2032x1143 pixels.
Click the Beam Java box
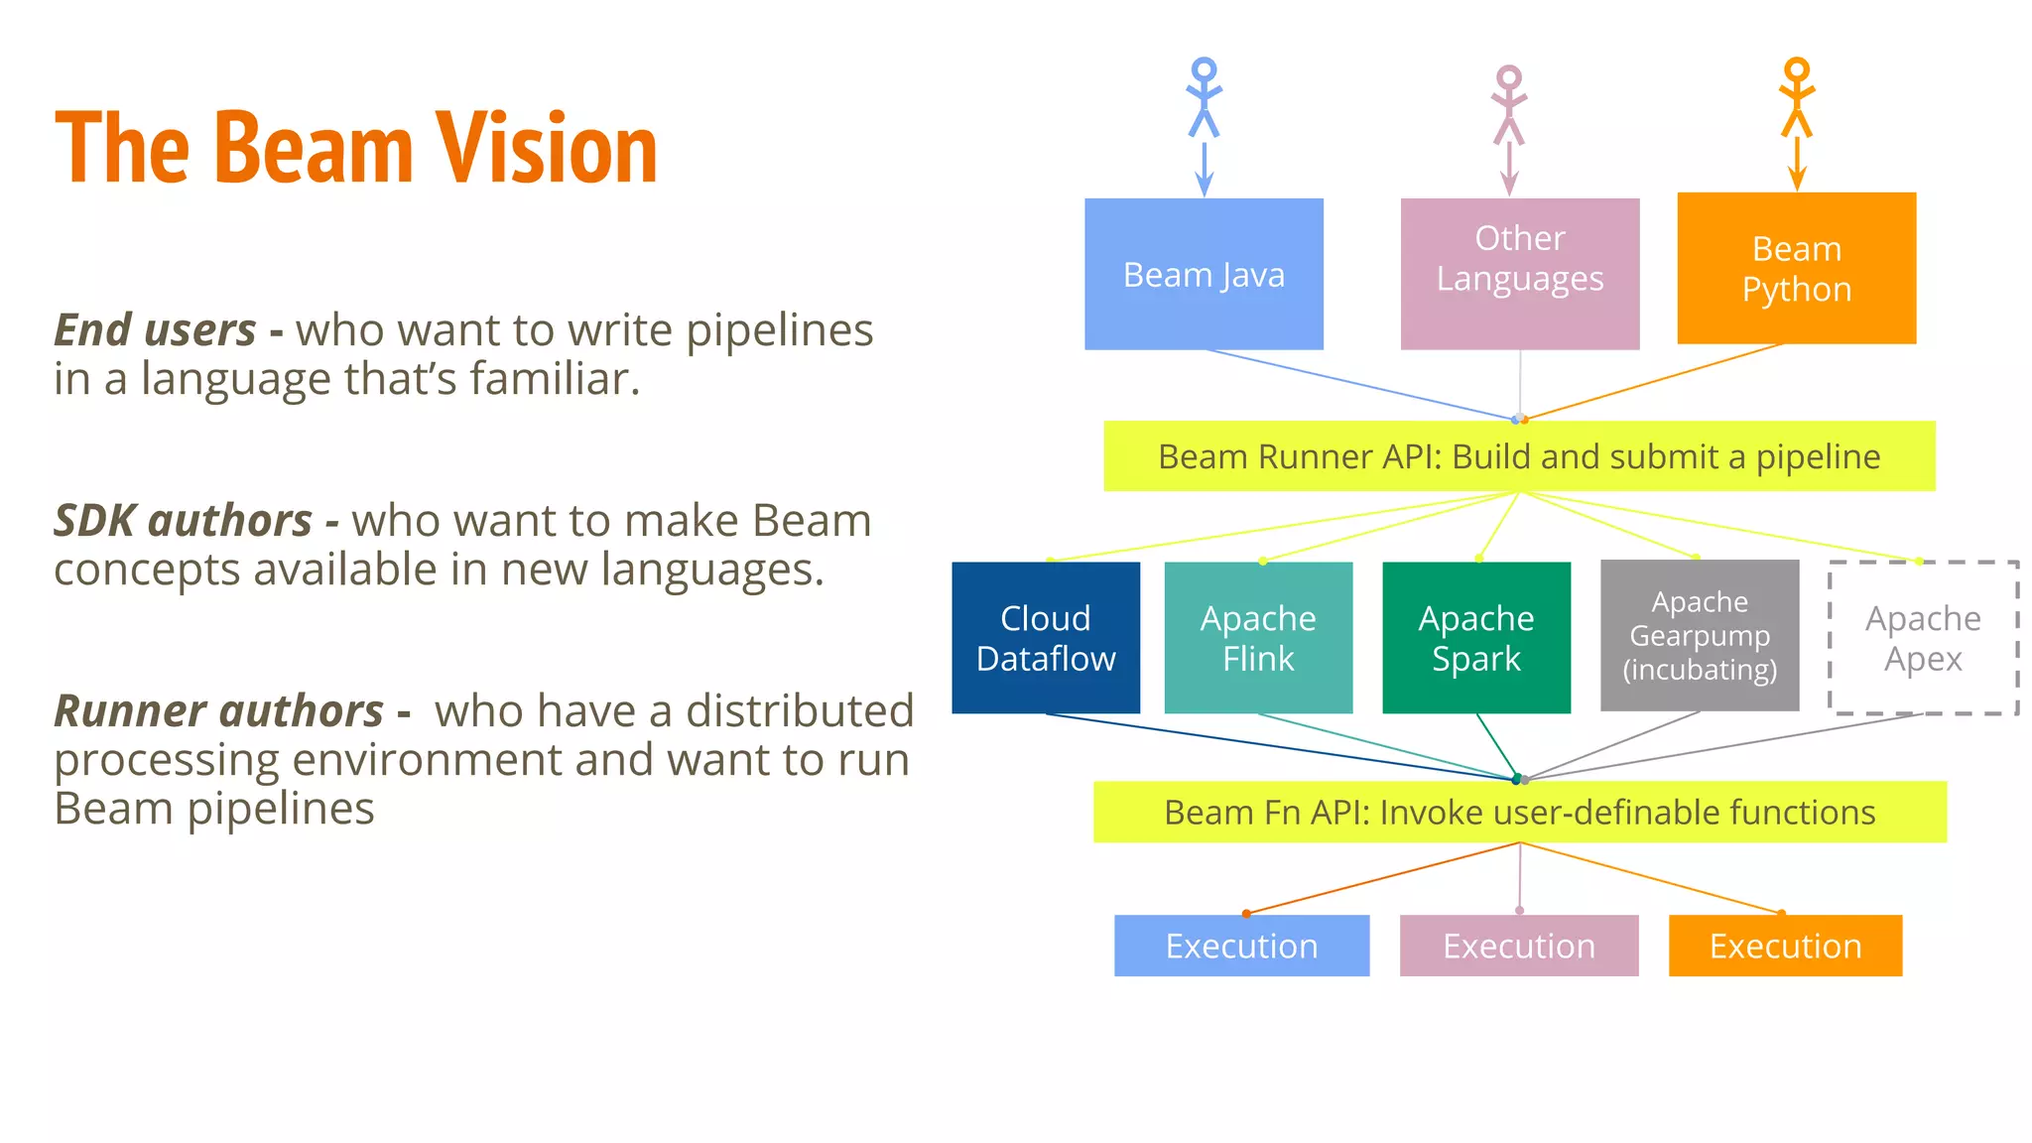pyautogui.click(x=1204, y=274)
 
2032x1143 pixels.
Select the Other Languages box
pyautogui.click(x=1519, y=274)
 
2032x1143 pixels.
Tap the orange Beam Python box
pyautogui.click(x=1796, y=268)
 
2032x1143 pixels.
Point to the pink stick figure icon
pyautogui.click(x=1509, y=104)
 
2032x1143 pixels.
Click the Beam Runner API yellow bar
pyautogui.click(x=1519, y=456)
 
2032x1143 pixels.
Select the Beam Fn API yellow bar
pyautogui.click(x=1519, y=812)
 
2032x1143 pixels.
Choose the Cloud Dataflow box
pyautogui.click(x=1046, y=638)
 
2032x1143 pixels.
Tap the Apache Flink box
pyautogui.click(x=1258, y=638)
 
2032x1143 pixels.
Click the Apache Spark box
pyautogui.click(x=1476, y=638)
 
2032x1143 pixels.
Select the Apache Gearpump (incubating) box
pyautogui.click(x=1700, y=635)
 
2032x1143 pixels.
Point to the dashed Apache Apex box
pyautogui.click(x=1923, y=638)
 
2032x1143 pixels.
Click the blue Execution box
pyautogui.click(x=1241, y=946)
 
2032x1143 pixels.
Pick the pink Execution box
pyautogui.click(x=1519, y=946)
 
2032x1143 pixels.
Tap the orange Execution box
pyautogui.click(x=1785, y=946)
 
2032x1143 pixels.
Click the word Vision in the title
pyautogui.click(x=547, y=149)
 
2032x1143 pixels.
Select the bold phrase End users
pyautogui.click(x=155, y=330)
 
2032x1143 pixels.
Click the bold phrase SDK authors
pyautogui.click(x=184, y=521)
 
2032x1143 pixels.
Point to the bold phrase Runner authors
pyautogui.click(x=218, y=711)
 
